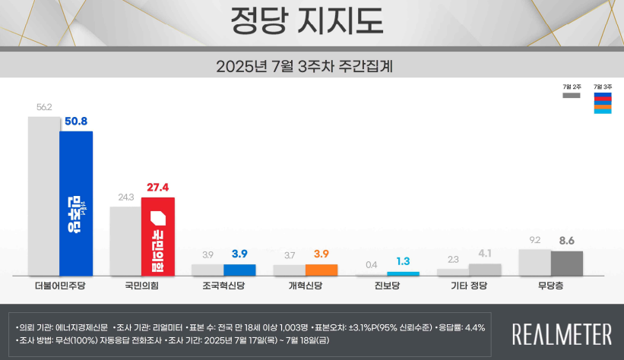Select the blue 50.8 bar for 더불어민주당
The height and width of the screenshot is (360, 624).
76,204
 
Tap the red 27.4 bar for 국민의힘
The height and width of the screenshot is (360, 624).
158,236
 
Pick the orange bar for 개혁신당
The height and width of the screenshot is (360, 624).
321,270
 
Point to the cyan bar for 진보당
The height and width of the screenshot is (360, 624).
403,273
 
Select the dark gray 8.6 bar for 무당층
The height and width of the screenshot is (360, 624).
566,263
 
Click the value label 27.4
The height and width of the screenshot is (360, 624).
157,187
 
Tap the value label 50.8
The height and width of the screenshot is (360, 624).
76,121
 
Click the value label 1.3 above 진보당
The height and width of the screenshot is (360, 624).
403,261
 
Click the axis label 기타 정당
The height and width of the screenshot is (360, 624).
469,286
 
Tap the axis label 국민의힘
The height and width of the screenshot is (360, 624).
142,286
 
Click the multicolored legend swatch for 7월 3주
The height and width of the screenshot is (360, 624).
602,103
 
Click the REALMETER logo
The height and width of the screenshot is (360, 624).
562,333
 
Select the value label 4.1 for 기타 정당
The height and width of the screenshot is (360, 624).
485,254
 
